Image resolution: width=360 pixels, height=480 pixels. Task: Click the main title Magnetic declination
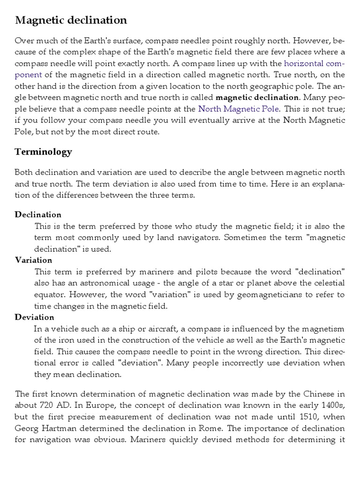[71, 20]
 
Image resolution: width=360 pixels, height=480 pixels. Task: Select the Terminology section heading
[44, 151]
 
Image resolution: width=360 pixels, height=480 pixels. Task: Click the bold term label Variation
[33, 260]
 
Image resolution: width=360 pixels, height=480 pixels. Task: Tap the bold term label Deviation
[34, 317]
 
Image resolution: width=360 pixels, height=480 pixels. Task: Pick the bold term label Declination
[38, 215]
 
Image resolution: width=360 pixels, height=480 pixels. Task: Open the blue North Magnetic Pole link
[239, 109]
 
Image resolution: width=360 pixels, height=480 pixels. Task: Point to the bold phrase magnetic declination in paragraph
[257, 97]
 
